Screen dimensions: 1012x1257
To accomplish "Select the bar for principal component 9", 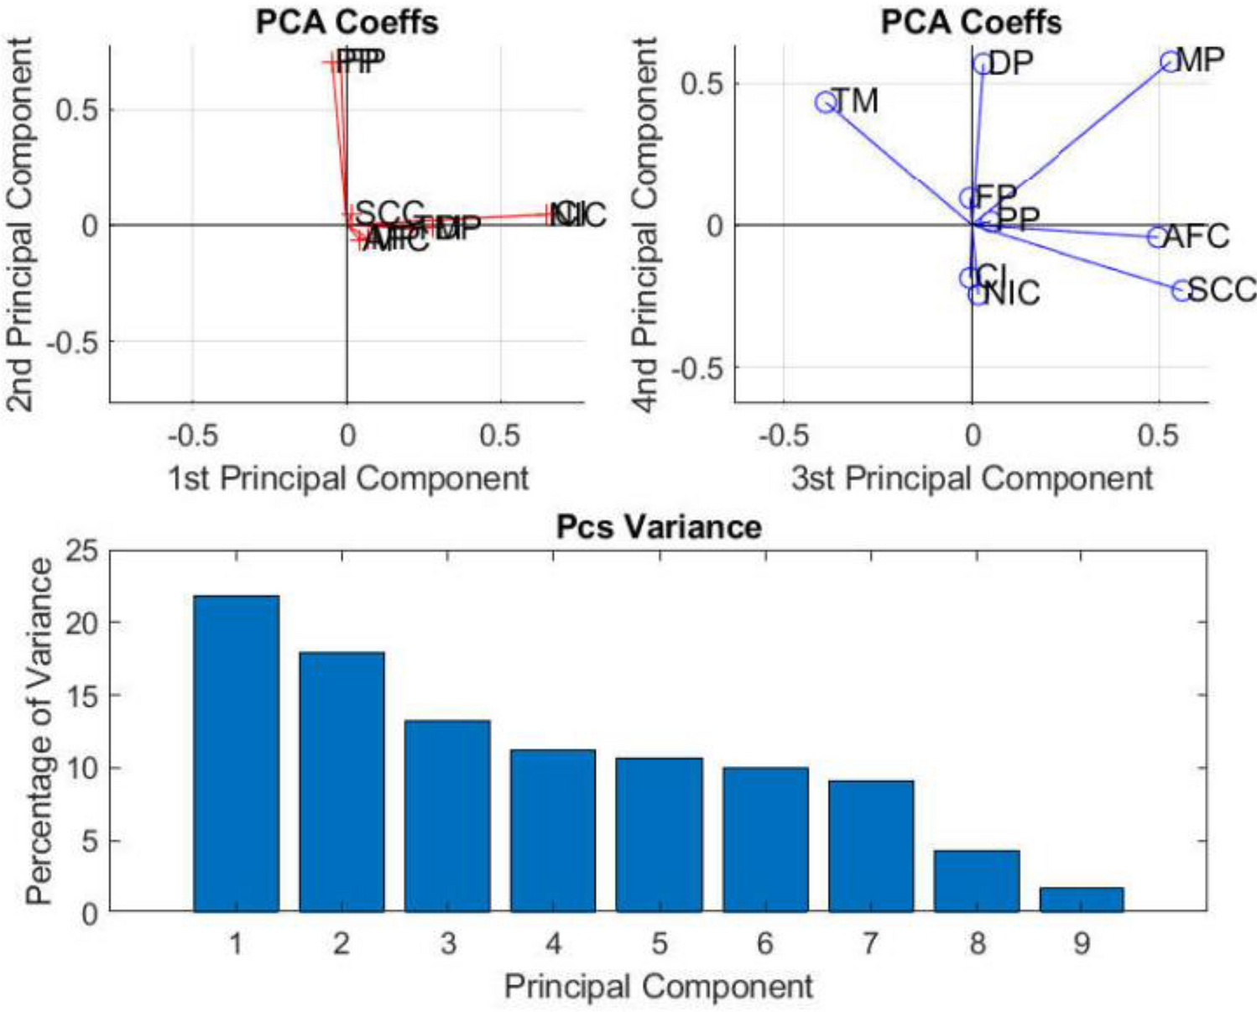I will [x=1082, y=900].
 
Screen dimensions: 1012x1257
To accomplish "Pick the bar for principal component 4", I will [x=553, y=831].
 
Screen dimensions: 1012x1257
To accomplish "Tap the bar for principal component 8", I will [x=977, y=881].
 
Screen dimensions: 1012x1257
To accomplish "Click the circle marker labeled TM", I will [x=826, y=102].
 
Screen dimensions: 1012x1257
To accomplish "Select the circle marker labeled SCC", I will [x=1181, y=291].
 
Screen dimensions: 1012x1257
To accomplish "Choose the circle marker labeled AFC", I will [x=1157, y=237].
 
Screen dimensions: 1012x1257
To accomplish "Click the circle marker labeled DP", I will [x=983, y=64].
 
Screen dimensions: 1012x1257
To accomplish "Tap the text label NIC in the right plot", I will [x=1012, y=294].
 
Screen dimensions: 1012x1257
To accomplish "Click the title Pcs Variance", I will [x=659, y=527].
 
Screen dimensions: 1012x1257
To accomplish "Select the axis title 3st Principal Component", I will [x=972, y=478].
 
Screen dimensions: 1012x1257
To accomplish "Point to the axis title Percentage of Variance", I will [x=39, y=732].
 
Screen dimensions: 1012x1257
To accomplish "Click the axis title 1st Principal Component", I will [x=348, y=478].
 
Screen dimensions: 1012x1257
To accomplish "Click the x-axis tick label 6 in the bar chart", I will [x=764, y=944].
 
